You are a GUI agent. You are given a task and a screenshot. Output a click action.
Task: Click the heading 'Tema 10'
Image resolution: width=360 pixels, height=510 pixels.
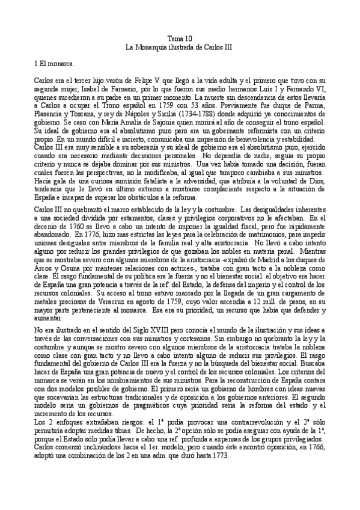click(x=180, y=37)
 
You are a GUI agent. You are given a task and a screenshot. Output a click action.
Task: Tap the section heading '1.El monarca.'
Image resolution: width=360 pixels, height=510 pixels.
click(x=54, y=62)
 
